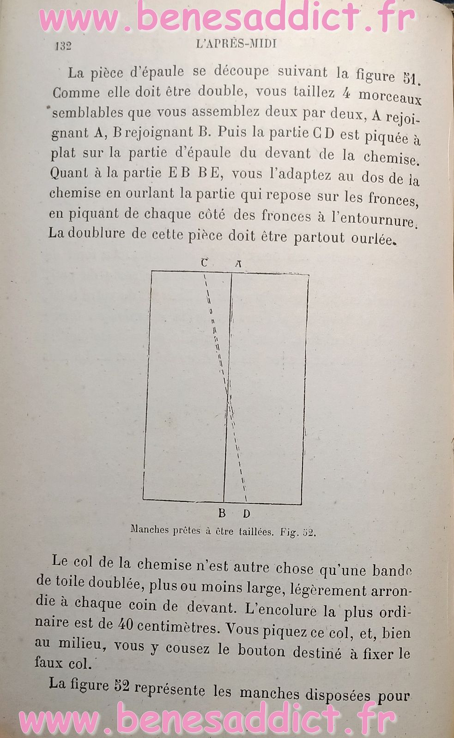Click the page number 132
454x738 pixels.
click(x=63, y=46)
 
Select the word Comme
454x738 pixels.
click(x=76, y=93)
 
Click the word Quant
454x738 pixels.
click(x=69, y=173)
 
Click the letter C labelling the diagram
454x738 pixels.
click(x=204, y=263)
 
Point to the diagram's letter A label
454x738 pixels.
click(x=238, y=264)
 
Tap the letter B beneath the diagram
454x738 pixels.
click(x=222, y=513)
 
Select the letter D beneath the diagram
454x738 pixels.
click(x=246, y=513)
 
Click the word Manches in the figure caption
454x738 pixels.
click(x=150, y=530)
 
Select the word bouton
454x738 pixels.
click(x=261, y=651)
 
